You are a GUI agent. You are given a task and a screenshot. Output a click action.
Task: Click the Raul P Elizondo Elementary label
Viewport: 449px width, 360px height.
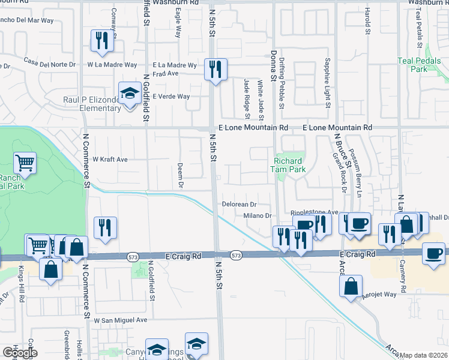pyautogui.click(x=101, y=104)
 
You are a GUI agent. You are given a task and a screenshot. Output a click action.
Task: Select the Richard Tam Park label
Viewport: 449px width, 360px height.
pyautogui.click(x=290, y=165)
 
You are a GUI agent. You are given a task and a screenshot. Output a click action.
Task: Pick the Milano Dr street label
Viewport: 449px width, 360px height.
pyautogui.click(x=258, y=216)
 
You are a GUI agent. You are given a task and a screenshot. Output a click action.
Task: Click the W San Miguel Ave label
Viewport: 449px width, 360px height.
pyautogui.click(x=119, y=320)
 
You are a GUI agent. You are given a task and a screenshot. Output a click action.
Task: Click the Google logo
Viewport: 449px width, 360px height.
pyautogui.click(x=20, y=352)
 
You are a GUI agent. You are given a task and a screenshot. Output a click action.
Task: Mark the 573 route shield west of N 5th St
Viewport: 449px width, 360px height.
pyautogui.click(x=133, y=256)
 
